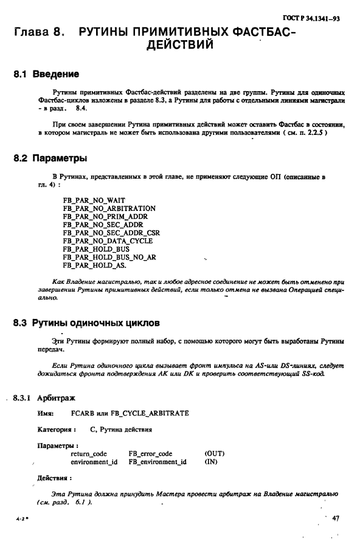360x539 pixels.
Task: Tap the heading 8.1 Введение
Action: click(x=46, y=75)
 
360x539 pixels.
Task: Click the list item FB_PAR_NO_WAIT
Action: click(x=94, y=201)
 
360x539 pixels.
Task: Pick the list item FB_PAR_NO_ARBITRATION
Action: click(x=109, y=208)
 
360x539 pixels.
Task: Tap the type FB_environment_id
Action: click(x=157, y=462)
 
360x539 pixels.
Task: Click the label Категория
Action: click(x=57, y=430)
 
